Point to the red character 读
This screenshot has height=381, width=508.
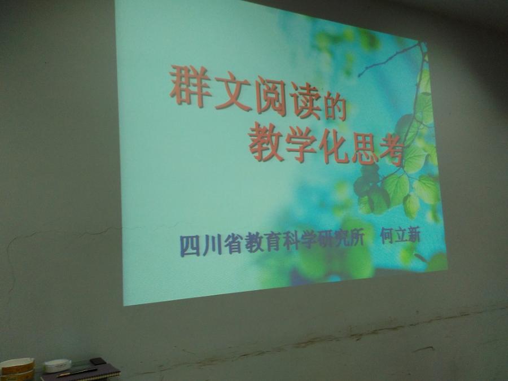(305, 103)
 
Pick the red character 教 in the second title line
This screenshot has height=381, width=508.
(266, 142)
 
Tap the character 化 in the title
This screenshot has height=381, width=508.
(334, 148)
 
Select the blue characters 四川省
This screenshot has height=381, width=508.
(211, 244)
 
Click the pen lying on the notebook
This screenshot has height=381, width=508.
(77, 372)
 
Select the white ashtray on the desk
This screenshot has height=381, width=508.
(58, 365)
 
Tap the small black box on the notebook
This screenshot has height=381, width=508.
(97, 361)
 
